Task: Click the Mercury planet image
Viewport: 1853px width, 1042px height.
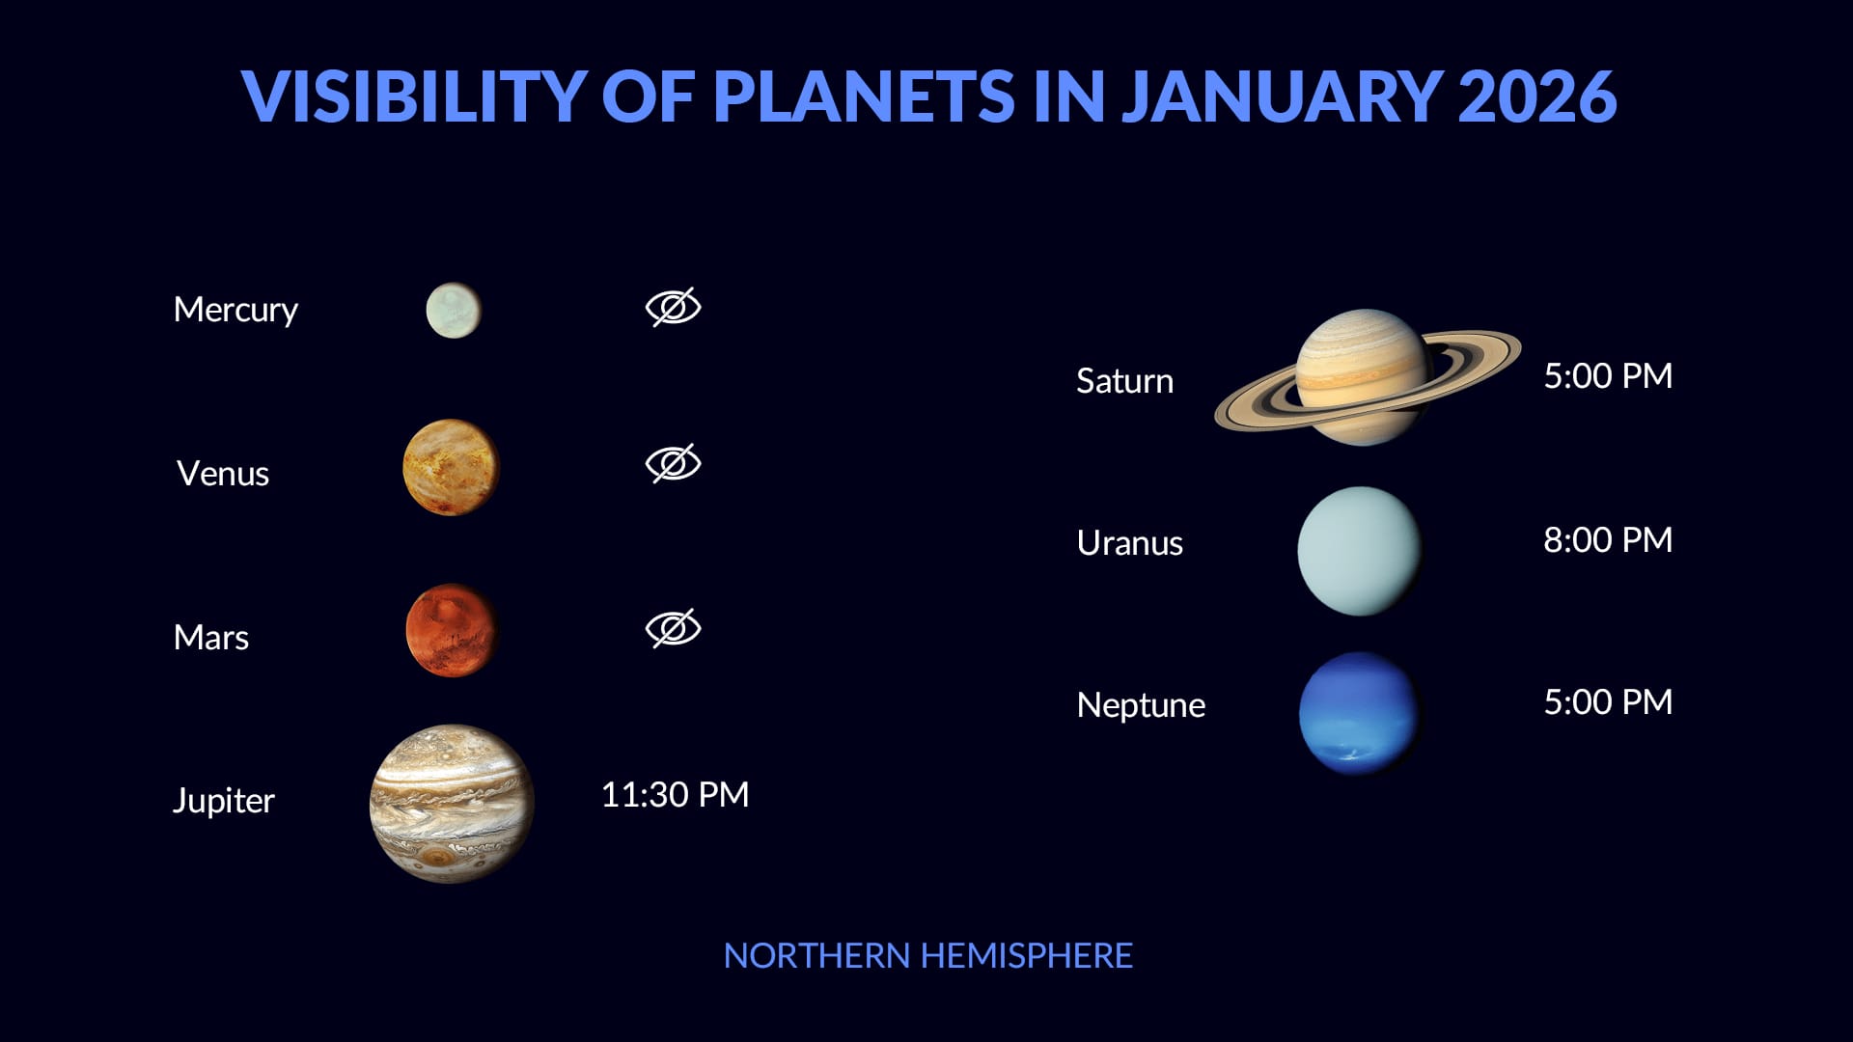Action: click(453, 311)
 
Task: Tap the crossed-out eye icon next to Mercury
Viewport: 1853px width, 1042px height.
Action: click(673, 307)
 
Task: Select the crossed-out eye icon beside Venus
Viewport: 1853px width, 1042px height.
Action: click(673, 464)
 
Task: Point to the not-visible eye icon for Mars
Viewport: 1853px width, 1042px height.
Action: click(673, 628)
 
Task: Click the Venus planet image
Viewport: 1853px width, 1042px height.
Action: click(451, 468)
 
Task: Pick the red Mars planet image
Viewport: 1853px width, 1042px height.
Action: click(451, 630)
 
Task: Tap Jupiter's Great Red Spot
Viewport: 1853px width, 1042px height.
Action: click(439, 856)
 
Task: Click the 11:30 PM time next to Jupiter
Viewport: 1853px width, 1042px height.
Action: click(675, 795)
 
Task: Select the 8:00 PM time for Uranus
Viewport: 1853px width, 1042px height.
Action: click(1607, 540)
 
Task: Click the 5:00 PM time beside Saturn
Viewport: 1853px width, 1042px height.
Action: click(1607, 376)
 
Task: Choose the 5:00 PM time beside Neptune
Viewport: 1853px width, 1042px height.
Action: click(1607, 702)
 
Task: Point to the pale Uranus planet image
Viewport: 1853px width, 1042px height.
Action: click(1359, 551)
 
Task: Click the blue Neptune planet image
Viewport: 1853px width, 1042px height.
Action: click(1358, 713)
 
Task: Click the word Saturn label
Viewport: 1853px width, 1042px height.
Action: click(1124, 381)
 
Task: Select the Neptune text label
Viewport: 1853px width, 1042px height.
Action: click(1140, 705)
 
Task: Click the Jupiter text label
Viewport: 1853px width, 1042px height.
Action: click(223, 801)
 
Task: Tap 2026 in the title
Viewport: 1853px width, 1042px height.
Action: click(1536, 96)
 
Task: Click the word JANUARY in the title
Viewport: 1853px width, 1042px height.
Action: click(1281, 96)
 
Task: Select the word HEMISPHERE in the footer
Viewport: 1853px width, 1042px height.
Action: click(1026, 956)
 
